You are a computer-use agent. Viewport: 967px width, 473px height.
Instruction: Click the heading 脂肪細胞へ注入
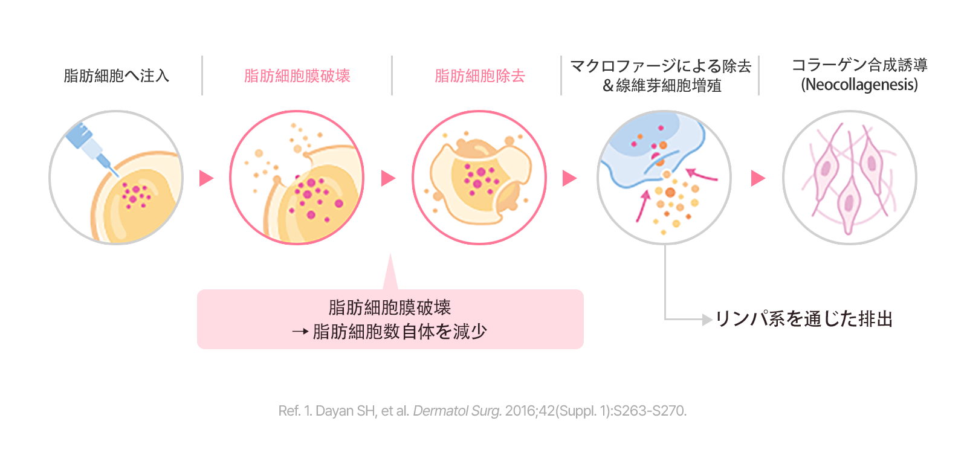click(x=116, y=76)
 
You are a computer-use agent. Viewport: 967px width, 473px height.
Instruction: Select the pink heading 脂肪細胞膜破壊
click(x=297, y=76)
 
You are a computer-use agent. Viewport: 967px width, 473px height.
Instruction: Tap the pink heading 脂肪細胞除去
click(x=480, y=76)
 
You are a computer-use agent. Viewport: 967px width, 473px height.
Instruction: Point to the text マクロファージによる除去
click(x=661, y=66)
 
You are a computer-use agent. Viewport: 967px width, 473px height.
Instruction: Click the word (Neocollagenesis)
click(x=859, y=85)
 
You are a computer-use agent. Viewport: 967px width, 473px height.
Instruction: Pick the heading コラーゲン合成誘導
click(x=859, y=65)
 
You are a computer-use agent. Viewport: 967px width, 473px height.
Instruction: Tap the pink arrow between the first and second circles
click(x=206, y=178)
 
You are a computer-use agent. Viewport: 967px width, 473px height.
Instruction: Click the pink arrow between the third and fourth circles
click(x=570, y=178)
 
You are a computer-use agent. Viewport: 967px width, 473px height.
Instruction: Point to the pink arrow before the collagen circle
click(x=758, y=178)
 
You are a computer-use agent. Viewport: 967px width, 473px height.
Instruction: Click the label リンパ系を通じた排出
click(x=804, y=319)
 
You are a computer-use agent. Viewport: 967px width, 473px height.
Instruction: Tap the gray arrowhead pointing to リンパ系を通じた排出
click(x=707, y=320)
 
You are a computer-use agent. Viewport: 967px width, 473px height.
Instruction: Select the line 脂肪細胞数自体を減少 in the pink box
click(x=399, y=332)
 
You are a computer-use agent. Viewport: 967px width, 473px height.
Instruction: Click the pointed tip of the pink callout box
click(x=390, y=254)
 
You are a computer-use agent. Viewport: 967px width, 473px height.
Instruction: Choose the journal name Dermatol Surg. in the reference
click(x=457, y=411)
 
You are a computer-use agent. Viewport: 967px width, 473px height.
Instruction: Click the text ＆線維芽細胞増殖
click(x=662, y=85)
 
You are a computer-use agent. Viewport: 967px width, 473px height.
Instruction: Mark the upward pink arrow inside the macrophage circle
click(x=643, y=206)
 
